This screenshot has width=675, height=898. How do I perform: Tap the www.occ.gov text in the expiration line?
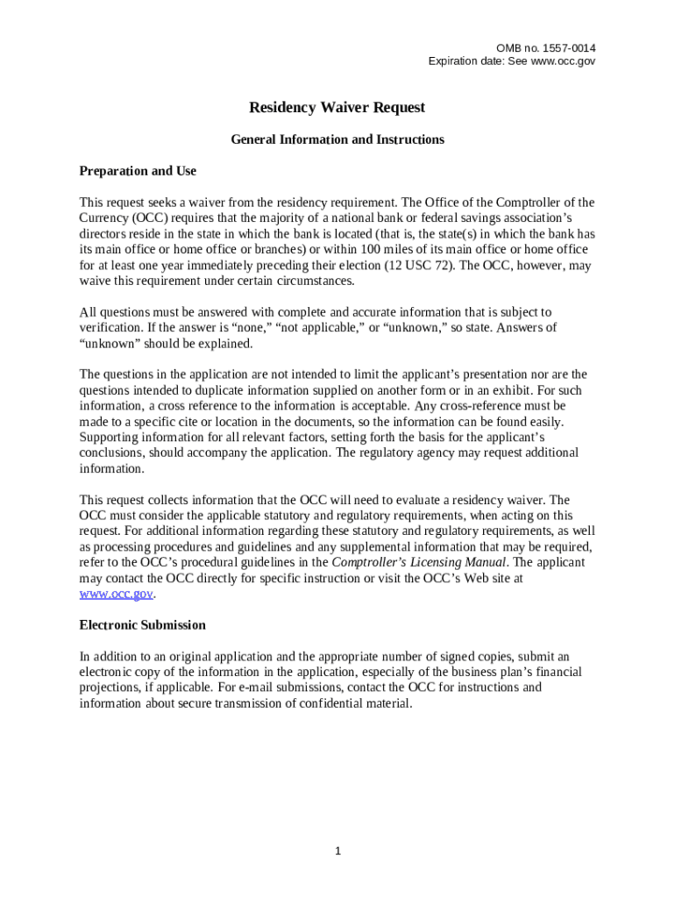tap(561, 61)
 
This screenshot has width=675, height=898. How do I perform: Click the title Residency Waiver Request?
tap(337, 108)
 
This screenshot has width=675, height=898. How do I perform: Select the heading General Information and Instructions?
tap(337, 139)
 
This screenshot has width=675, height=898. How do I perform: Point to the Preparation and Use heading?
tap(138, 171)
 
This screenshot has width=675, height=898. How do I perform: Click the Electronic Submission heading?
tap(143, 625)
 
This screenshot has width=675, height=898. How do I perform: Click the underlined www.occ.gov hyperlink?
tap(117, 594)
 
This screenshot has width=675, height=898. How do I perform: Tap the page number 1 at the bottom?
tap(337, 852)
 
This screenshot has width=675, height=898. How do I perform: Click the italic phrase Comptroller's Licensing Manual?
tap(419, 562)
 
